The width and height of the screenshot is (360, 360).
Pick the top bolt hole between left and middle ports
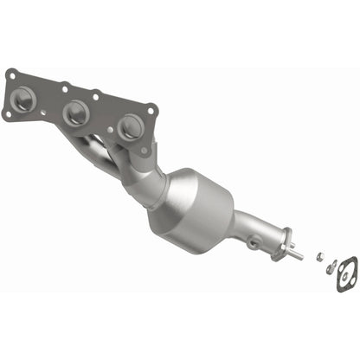[x=63, y=87]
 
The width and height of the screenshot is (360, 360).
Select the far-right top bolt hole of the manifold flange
[x=152, y=109]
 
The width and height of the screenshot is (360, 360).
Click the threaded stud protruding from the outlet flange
[x=297, y=254]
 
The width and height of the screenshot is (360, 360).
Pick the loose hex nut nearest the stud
[x=318, y=257]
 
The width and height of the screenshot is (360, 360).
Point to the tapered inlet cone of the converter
[x=156, y=182]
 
